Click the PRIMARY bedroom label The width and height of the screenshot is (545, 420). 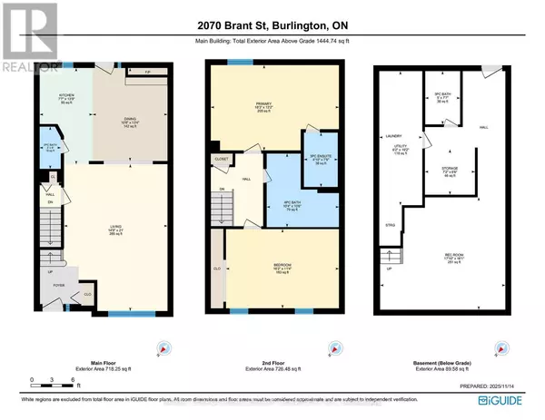click(x=263, y=104)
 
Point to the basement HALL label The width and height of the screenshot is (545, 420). click(x=484, y=127)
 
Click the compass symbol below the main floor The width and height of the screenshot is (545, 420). click(x=164, y=347)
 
